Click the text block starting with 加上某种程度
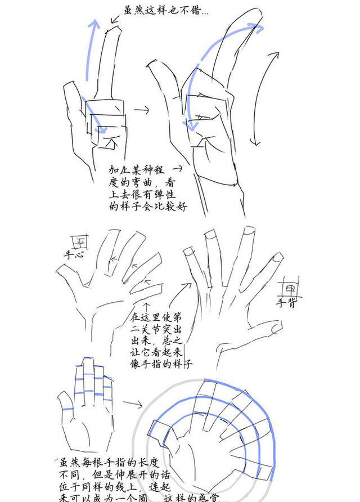tap(147, 188)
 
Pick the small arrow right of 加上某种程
tap(177, 168)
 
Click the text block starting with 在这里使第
tap(161, 338)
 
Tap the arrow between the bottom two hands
tap(133, 404)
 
